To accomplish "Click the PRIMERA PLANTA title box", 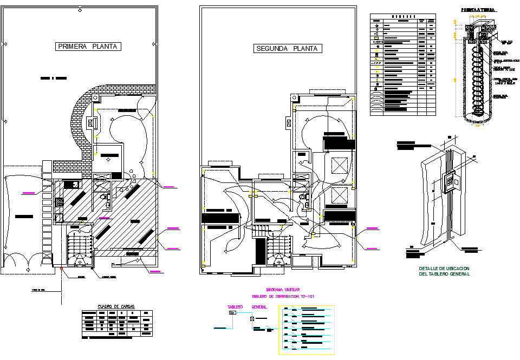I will click(x=88, y=47).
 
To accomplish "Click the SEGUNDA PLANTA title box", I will click(x=288, y=49).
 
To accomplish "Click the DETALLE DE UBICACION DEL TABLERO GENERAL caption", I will click(x=444, y=271).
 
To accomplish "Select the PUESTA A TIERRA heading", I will click(x=476, y=10).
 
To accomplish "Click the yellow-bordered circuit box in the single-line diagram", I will click(x=307, y=330).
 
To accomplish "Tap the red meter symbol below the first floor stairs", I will click(x=62, y=268).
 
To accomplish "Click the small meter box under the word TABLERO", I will click(x=233, y=313).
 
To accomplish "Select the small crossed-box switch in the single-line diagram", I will click(x=251, y=319).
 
